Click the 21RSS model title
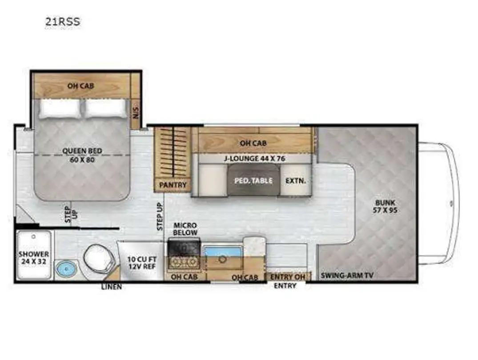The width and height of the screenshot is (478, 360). (63, 22)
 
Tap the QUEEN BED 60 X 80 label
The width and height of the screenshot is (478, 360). (82, 155)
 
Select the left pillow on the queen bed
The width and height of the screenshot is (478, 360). (60, 108)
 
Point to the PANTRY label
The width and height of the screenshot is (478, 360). (173, 185)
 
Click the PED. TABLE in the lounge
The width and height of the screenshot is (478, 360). (253, 180)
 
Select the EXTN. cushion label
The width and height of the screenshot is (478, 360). (295, 180)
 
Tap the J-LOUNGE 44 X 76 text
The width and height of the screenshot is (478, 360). (254, 159)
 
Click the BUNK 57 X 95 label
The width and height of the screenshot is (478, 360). (385, 206)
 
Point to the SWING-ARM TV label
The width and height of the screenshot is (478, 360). (347, 276)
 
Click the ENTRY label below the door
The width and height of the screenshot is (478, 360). (285, 286)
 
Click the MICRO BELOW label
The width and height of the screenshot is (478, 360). (185, 229)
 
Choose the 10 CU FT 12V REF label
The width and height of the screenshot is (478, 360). (142, 263)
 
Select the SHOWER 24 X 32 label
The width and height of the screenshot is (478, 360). (33, 258)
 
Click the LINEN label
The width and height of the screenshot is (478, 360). (112, 287)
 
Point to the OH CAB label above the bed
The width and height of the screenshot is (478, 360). (80, 86)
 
